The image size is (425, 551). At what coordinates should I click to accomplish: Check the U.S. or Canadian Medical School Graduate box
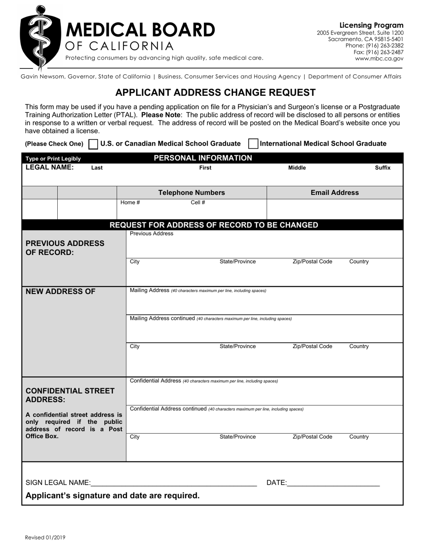coord(93,144)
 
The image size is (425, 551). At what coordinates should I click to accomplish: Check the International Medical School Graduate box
coord(253,144)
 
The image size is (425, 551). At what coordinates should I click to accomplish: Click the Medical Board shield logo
coord(40,38)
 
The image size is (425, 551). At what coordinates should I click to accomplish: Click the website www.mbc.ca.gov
coord(379,58)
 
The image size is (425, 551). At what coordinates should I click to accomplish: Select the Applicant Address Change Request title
coord(215,93)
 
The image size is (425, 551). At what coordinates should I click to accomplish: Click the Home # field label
coord(130,202)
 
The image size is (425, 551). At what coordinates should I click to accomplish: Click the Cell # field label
coord(198,202)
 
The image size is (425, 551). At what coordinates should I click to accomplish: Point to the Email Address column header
coord(335,193)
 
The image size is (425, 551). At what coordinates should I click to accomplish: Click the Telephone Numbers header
coord(191,193)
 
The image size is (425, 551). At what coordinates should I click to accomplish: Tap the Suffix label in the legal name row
coord(382,168)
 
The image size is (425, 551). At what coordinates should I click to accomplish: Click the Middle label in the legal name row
coord(297,168)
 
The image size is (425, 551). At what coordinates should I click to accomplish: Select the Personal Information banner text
coord(203,158)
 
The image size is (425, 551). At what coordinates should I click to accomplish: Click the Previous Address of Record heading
coord(65,248)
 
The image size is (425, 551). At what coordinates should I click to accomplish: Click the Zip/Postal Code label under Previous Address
coord(312,262)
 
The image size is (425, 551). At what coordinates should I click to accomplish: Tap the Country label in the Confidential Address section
coord(359,437)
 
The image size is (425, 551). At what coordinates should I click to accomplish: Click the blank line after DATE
coord(333,483)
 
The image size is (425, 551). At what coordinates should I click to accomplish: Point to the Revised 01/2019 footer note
coord(45,538)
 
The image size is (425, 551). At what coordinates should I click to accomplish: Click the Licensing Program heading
coord(371,26)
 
